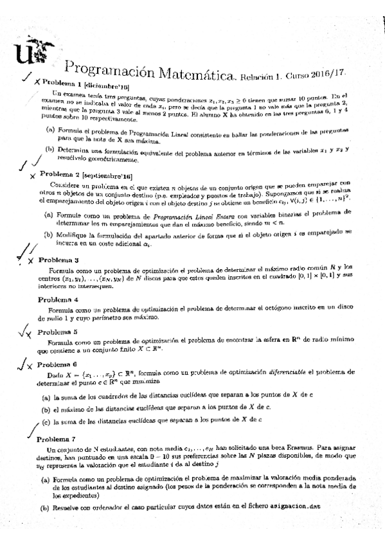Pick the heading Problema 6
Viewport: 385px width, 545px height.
(57, 364)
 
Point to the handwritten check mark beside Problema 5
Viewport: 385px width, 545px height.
(23, 332)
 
